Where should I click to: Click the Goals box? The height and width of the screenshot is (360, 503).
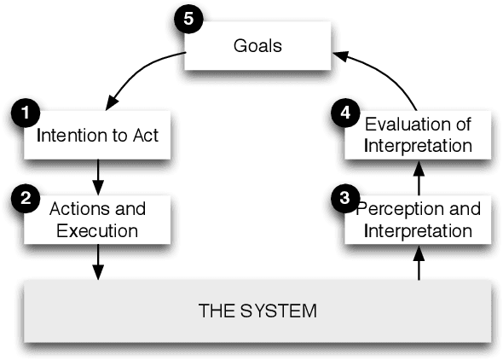tap(257, 45)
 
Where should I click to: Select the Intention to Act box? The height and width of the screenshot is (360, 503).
tap(97, 135)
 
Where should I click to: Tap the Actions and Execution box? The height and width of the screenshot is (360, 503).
tap(97, 218)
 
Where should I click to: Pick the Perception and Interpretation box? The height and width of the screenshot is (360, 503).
tap(418, 219)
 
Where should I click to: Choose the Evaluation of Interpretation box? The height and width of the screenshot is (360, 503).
tap(418, 135)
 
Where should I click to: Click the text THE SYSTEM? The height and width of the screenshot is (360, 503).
tap(257, 310)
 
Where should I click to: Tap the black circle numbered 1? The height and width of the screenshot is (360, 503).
tap(25, 113)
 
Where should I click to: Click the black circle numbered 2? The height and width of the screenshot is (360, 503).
tap(25, 198)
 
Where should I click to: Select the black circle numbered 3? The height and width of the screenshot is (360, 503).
tap(344, 198)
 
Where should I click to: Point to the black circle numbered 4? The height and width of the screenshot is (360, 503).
tap(344, 113)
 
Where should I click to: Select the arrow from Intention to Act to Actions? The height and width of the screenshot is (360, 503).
tap(97, 176)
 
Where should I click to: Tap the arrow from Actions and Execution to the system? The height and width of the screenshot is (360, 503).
tap(97, 260)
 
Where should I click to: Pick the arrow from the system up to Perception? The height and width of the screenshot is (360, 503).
tap(418, 262)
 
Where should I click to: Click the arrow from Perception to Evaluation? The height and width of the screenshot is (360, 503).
tap(418, 177)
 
